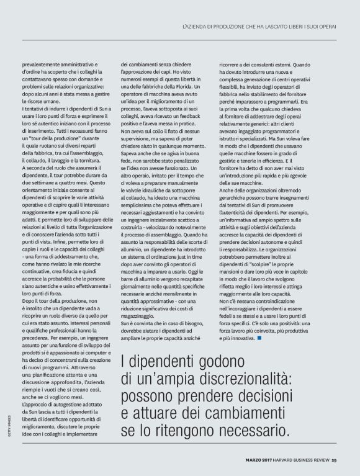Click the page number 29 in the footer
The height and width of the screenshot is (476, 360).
click(333, 460)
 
